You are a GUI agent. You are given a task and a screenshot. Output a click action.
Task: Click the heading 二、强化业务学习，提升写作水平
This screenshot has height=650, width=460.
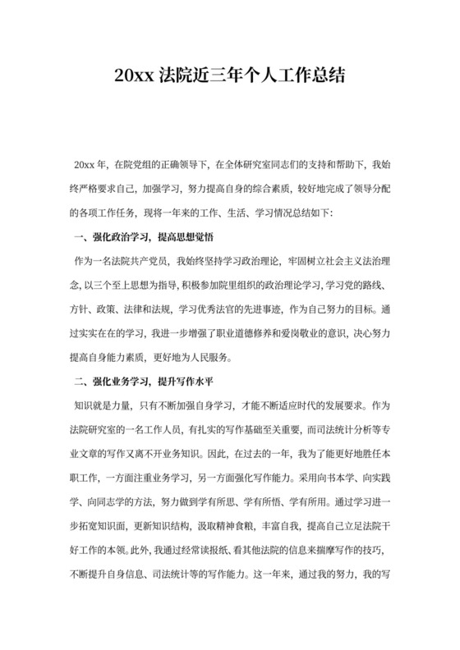[144, 382]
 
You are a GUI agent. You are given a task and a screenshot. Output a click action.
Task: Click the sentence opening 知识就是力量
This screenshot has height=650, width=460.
[101, 406]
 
